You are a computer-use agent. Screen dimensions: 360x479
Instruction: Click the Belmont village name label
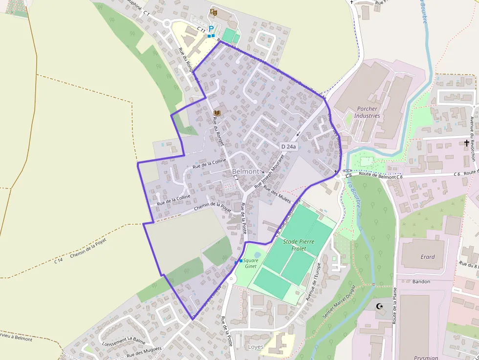click(x=245, y=171)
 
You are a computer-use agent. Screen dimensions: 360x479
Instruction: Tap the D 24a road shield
click(x=289, y=146)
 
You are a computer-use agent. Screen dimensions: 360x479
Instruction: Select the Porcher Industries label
click(x=367, y=112)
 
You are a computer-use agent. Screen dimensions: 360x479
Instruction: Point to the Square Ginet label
click(x=250, y=263)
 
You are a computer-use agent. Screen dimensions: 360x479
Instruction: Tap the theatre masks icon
click(x=213, y=11)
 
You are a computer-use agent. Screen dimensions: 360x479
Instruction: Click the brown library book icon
click(x=217, y=113)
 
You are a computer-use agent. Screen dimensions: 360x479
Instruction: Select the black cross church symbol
click(x=467, y=143)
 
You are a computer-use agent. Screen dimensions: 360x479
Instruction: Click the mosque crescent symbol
click(x=379, y=306)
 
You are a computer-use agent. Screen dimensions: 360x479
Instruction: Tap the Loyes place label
click(x=256, y=347)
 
